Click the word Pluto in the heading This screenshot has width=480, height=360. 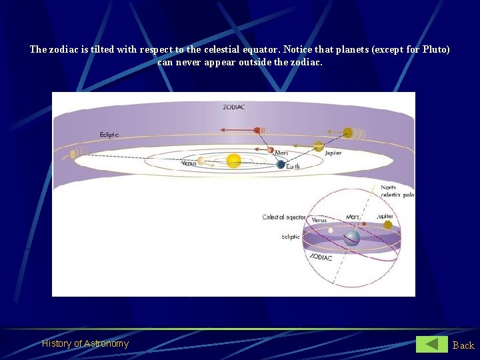coord(435,49)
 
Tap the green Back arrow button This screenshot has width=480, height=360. coord(432,344)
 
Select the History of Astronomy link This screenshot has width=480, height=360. coord(85,343)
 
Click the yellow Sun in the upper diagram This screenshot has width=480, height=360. coord(233,161)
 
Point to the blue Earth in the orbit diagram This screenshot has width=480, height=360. coord(281,165)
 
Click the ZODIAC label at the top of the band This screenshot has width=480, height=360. coord(233,107)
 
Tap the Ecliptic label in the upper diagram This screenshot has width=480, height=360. coord(109,135)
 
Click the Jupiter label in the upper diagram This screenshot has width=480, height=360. coord(333,153)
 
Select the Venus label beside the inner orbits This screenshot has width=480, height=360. coord(189,163)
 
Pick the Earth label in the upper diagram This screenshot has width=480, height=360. coord(293,166)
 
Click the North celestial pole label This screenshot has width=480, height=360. coord(396,191)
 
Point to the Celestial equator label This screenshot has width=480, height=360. coord(284,217)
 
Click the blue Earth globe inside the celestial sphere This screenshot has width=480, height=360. coord(351,237)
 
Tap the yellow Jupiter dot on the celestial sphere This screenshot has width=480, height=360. coord(387,225)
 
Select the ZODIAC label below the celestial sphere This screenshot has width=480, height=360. coord(321,257)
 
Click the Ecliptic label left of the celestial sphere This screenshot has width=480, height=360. coord(291,237)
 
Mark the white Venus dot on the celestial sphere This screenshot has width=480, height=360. coord(331,231)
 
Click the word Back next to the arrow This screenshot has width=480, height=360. coord(463,345)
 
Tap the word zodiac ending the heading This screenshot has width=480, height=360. coord(307,62)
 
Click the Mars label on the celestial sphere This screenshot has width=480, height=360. coord(353,217)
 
